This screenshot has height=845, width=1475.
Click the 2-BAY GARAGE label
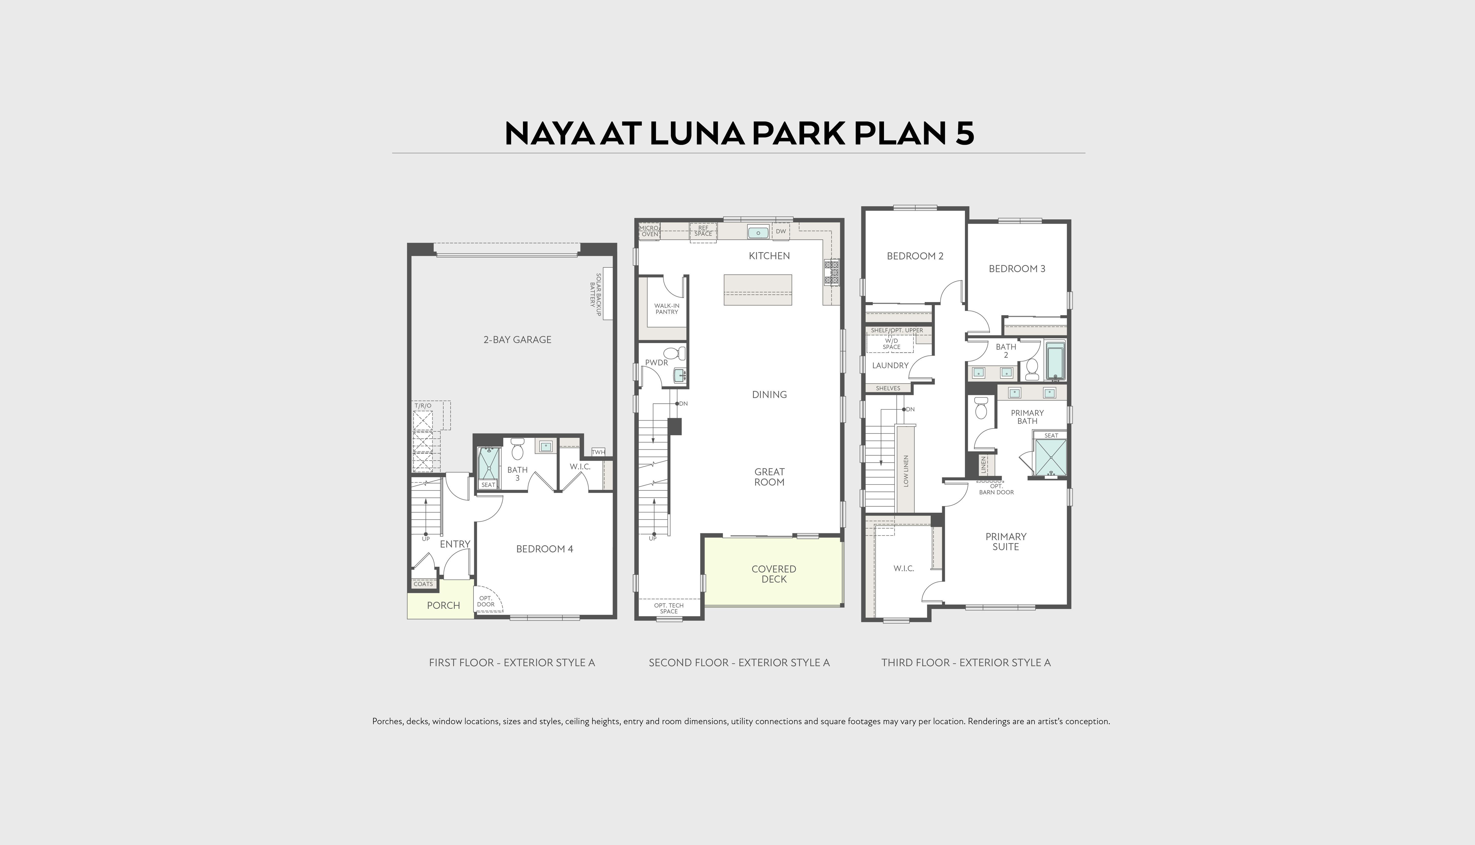tap(517, 339)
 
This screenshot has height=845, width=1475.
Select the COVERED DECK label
tap(774, 574)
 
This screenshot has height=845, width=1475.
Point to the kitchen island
tap(757, 290)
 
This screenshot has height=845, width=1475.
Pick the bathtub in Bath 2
tap(1055, 360)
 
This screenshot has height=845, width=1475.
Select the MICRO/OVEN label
tap(649, 231)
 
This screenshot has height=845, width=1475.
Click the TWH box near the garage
tap(598, 452)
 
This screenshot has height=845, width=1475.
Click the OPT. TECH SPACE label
tap(669, 608)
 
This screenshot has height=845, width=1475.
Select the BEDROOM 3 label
tap(1017, 269)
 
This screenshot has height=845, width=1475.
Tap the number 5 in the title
tap(962, 133)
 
